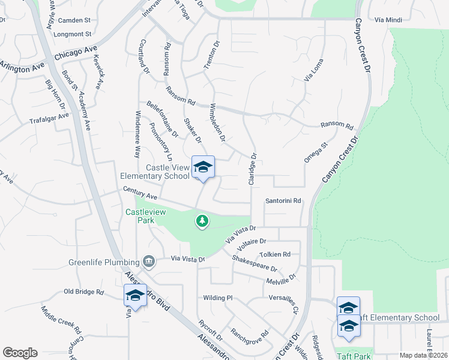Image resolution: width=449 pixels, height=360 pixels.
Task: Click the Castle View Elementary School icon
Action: (203, 167)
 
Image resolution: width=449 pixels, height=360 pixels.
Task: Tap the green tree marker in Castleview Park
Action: (203, 221)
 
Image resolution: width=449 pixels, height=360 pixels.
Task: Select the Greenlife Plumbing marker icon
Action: (148, 261)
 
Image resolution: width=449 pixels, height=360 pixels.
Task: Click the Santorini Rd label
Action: (283, 202)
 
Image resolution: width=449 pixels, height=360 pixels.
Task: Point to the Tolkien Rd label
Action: (274, 254)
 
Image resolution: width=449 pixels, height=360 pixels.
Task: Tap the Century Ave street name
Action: (139, 192)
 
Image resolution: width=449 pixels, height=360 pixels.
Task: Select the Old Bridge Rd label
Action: (83, 292)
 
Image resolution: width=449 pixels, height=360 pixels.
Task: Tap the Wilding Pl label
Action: (217, 298)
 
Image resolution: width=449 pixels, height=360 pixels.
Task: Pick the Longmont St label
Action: (72, 34)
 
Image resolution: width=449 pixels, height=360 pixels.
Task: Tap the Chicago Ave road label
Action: (76, 53)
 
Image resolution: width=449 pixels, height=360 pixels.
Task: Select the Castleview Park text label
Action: (140, 217)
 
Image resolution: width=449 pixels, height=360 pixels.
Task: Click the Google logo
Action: (20, 353)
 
